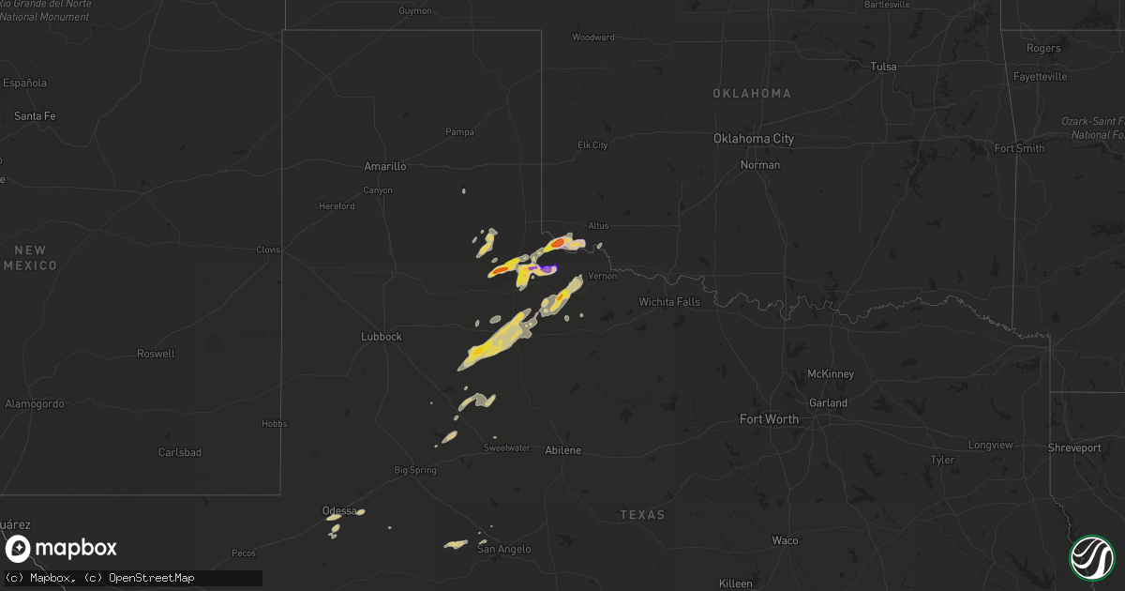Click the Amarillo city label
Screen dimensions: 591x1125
click(x=385, y=166)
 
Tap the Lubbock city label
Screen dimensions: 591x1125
click(x=381, y=336)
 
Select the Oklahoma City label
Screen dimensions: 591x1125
click(x=754, y=139)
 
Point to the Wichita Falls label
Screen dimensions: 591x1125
click(x=669, y=302)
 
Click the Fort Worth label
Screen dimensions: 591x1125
click(x=769, y=419)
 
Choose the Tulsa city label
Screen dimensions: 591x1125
click(x=883, y=67)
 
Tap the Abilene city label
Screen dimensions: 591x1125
click(x=563, y=450)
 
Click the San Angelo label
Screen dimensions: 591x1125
click(x=504, y=550)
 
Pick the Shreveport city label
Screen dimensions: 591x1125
click(x=1075, y=448)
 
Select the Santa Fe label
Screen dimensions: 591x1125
click(x=35, y=116)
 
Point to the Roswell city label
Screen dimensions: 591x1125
click(x=156, y=354)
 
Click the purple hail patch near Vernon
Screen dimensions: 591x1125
click(x=544, y=269)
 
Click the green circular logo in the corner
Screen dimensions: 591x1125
click(x=1091, y=556)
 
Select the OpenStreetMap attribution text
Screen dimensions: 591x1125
click(x=152, y=578)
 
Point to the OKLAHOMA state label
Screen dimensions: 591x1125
click(x=752, y=94)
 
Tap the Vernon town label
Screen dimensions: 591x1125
click(x=602, y=276)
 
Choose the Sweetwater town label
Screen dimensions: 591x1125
click(x=506, y=447)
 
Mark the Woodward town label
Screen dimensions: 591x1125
click(x=593, y=38)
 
